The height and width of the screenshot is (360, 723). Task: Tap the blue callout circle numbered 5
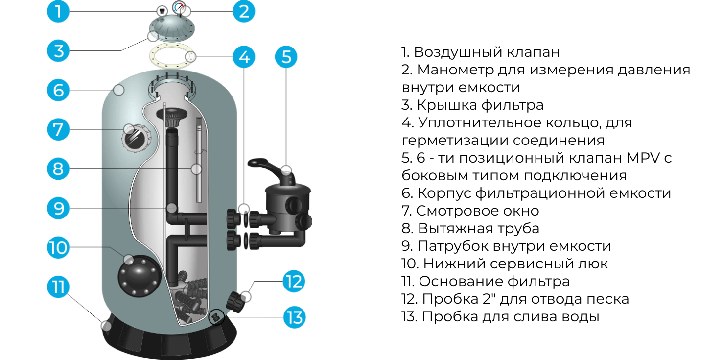pos(286,57)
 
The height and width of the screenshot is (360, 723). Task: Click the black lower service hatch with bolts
pos(139,277)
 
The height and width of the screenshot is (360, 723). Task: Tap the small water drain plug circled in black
pos(215,317)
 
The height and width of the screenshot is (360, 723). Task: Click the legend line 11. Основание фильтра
pos(486,281)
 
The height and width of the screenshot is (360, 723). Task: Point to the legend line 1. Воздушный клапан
pos(480,52)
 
